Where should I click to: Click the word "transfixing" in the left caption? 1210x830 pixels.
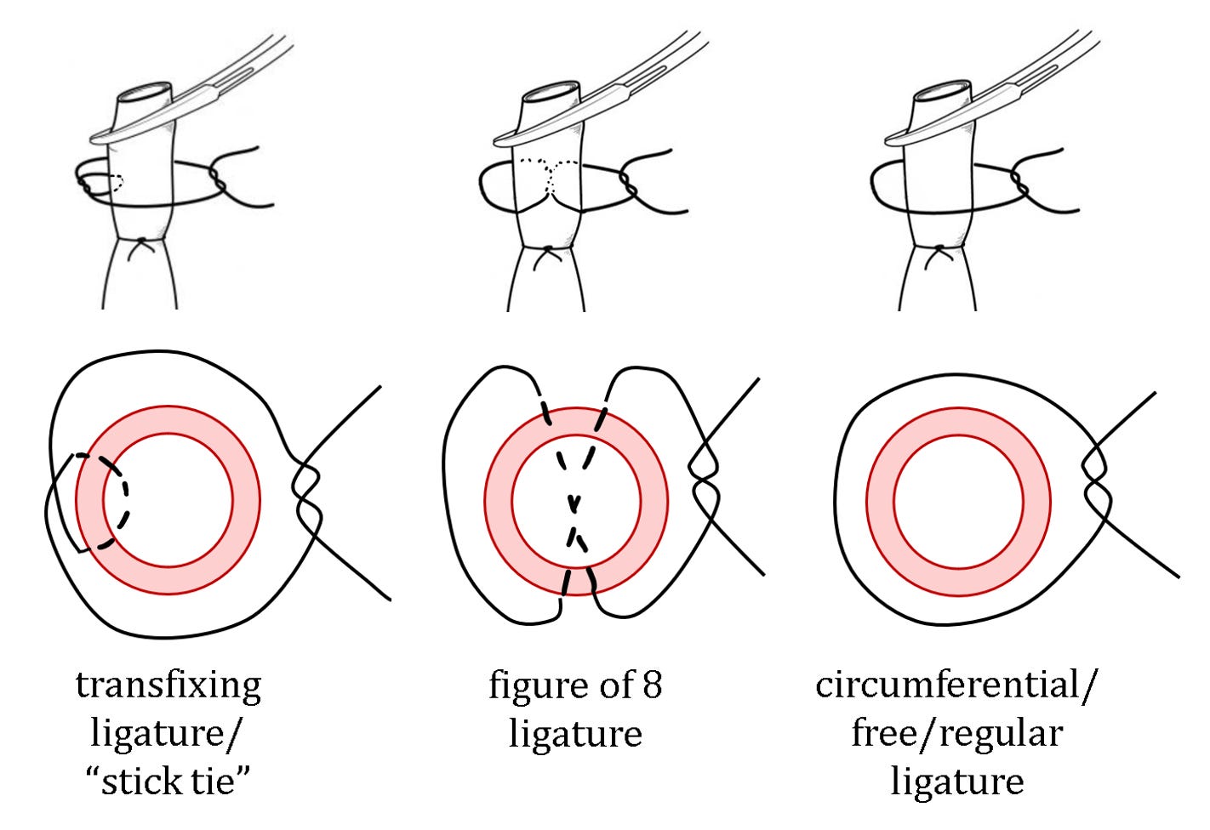(168, 685)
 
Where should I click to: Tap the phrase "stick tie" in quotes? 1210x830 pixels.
(168, 781)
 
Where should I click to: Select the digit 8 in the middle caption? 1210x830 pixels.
(652, 685)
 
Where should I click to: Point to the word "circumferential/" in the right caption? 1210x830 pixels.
(956, 685)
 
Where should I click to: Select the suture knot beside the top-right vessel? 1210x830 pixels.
(1020, 183)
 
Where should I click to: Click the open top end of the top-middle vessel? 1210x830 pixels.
(551, 93)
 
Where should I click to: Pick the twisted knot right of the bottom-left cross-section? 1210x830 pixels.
(306, 491)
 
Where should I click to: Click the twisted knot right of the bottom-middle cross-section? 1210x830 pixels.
(704, 476)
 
